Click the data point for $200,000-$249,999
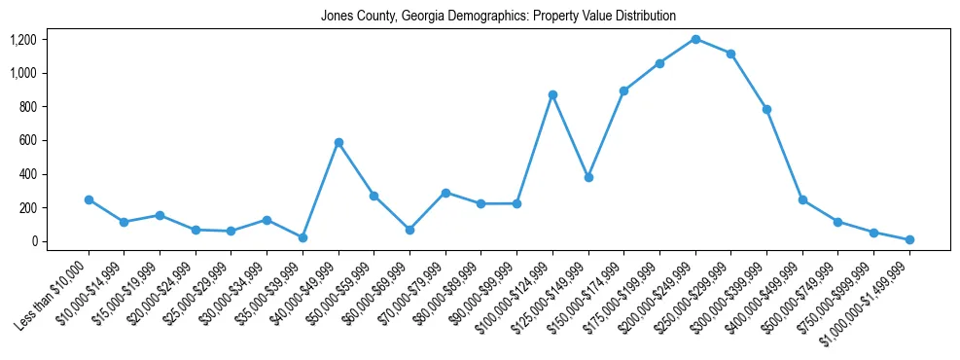[x=695, y=39]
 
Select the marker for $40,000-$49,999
[x=338, y=142]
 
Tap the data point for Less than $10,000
[x=89, y=199]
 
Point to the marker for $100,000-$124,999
[x=552, y=94]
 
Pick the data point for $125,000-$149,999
[x=588, y=177]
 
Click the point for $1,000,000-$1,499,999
[x=909, y=239]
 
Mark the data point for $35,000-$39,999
[x=302, y=237]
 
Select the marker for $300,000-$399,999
[x=766, y=109]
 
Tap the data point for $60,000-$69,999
[x=409, y=230]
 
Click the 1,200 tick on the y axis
[x=22, y=40]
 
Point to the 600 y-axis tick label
[x=26, y=140]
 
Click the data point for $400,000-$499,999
[x=802, y=199]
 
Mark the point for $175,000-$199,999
[x=659, y=63]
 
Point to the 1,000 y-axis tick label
[x=22, y=73]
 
